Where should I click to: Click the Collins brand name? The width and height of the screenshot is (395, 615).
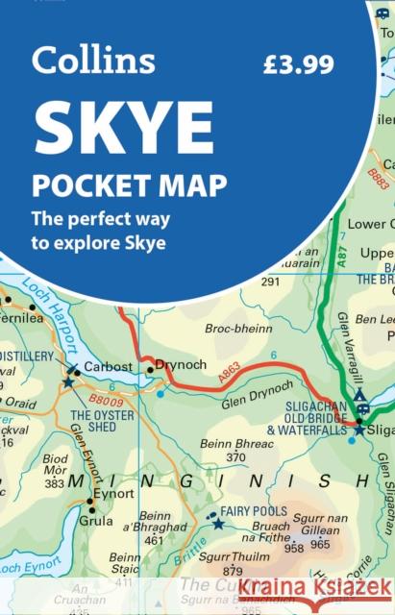(x=92, y=61)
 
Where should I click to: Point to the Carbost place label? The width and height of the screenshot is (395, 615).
(x=105, y=367)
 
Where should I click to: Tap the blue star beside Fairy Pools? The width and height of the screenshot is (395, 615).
(x=218, y=524)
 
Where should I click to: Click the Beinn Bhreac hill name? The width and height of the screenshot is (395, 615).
(x=236, y=444)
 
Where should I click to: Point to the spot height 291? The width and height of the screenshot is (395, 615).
(x=270, y=282)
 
